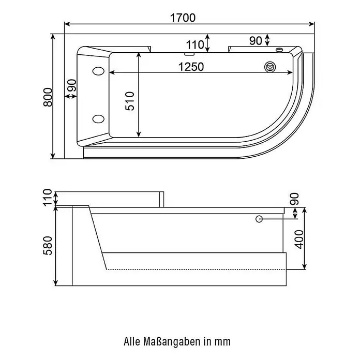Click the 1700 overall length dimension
(x=183, y=18)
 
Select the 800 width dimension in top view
(x=48, y=97)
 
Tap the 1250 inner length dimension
(x=191, y=67)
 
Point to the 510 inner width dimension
(x=130, y=101)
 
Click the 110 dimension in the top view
(x=195, y=45)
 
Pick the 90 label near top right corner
(x=256, y=41)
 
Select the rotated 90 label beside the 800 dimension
(x=71, y=85)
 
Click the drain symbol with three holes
(x=270, y=67)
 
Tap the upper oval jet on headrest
(x=98, y=71)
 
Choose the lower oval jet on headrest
(x=98, y=119)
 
